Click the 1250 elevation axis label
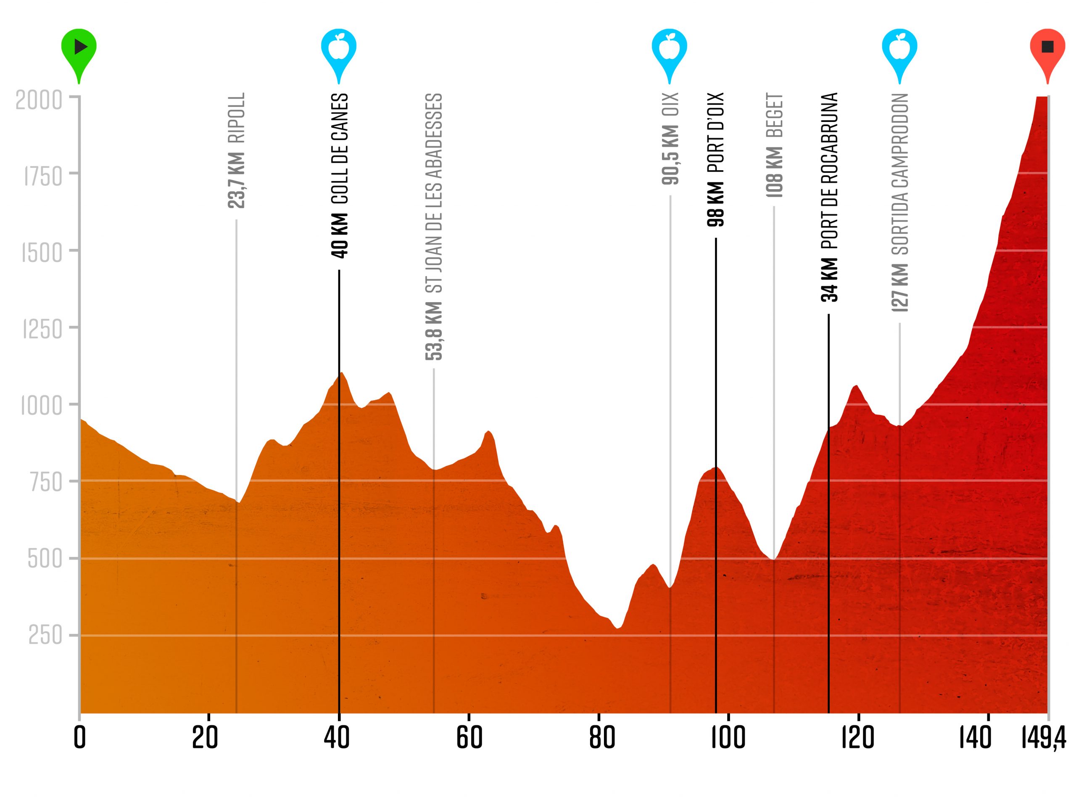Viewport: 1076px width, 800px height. tap(42, 330)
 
